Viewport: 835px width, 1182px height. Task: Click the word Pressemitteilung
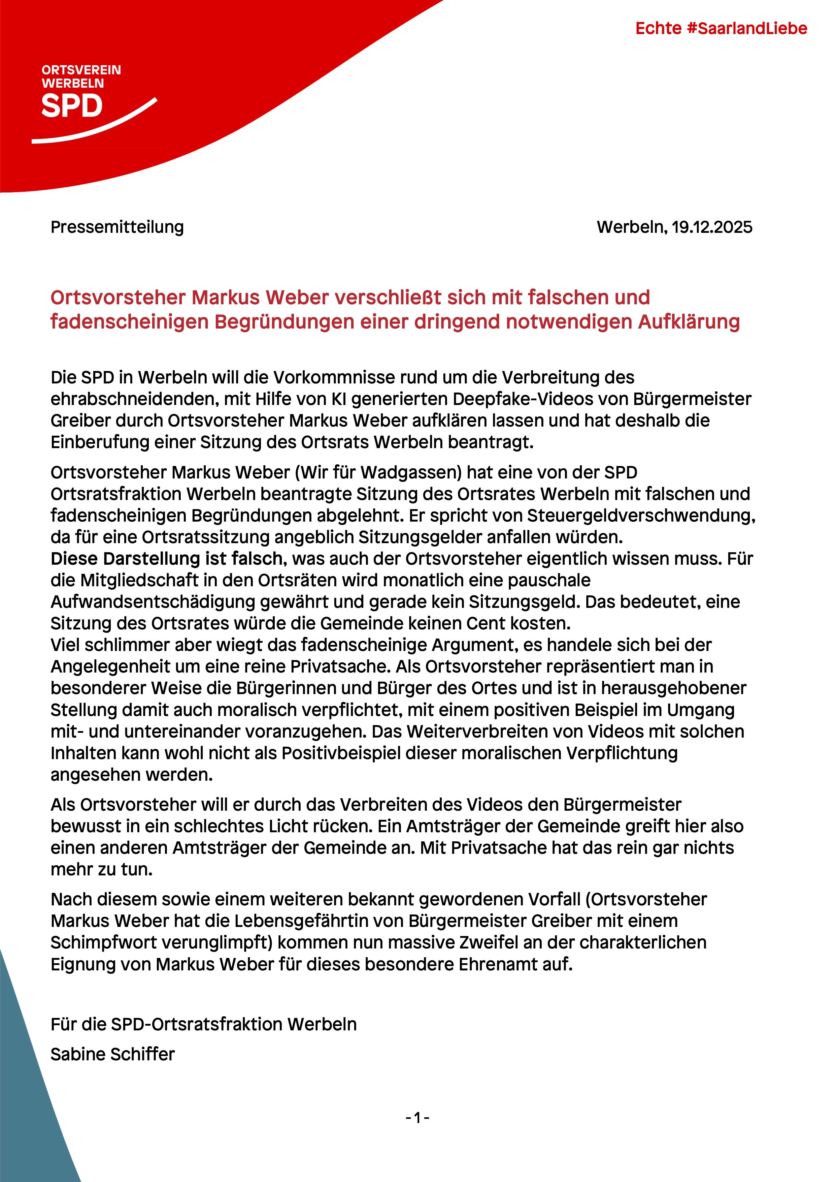117,227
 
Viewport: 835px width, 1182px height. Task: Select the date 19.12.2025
711,227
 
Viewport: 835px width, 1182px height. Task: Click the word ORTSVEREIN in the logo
81,70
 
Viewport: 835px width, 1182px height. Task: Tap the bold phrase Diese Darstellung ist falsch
167,559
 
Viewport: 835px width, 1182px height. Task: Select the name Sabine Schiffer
113,1054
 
